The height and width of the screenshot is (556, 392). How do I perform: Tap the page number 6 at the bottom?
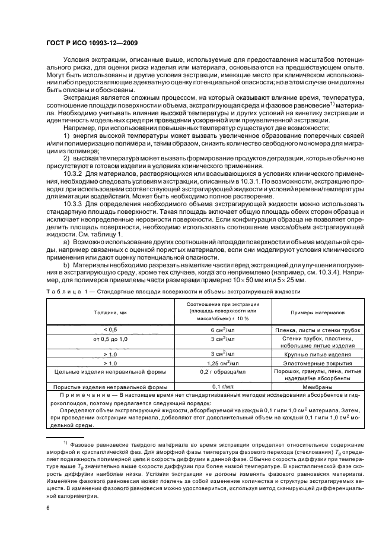tap(47, 507)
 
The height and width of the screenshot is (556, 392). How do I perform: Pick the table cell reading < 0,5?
tap(110, 328)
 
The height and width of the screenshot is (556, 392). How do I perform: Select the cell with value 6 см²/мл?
tap(220, 329)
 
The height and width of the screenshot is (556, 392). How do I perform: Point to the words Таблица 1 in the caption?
tap(66, 291)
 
